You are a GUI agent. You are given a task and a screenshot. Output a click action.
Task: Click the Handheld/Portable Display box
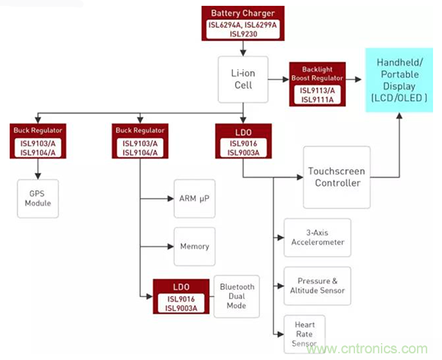[x=399, y=78]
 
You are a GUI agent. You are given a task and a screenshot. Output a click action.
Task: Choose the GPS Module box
[x=38, y=197]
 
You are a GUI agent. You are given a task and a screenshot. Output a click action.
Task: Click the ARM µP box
[x=194, y=197]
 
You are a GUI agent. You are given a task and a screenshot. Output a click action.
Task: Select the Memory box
[x=194, y=247]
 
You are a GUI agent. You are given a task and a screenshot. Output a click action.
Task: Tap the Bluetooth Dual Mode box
[x=236, y=296]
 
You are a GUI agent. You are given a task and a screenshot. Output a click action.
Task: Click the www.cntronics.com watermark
[x=371, y=348]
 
